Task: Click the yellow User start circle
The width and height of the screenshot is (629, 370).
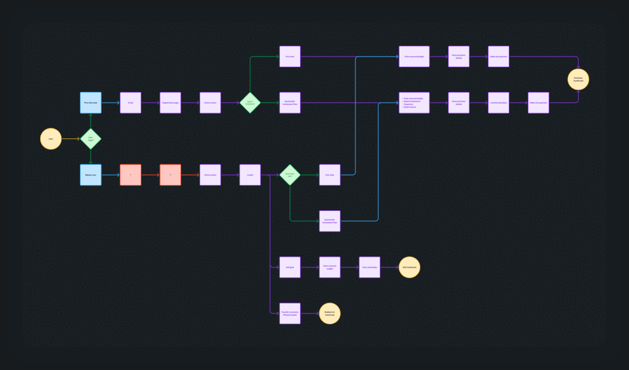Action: point(51,138)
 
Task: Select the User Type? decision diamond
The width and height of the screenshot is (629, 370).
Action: point(91,138)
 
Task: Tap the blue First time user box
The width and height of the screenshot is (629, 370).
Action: point(91,103)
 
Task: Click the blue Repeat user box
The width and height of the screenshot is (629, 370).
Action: point(91,175)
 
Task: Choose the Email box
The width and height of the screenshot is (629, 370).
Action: point(131,103)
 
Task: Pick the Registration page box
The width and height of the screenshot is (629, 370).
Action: point(170,103)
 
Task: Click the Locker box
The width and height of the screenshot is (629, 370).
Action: point(250,175)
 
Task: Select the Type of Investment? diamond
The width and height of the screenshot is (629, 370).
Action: point(250,103)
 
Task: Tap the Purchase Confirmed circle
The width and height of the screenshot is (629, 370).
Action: point(578,79)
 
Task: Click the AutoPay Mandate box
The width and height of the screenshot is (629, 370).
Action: point(499,103)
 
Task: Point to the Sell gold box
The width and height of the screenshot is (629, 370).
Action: point(290,267)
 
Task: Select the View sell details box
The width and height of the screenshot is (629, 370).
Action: point(369,267)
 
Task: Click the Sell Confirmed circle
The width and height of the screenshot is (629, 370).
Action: point(409,267)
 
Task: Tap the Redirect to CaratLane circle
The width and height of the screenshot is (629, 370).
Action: point(330,313)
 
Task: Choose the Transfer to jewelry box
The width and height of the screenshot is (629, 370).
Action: point(290,313)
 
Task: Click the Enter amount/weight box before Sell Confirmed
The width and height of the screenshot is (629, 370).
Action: point(330,267)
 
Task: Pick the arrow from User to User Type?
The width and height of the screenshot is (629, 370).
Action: point(70,138)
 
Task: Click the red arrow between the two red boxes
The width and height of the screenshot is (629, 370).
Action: point(150,175)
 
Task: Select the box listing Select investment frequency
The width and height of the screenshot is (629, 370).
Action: point(415,103)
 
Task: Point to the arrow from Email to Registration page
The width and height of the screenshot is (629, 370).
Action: point(150,103)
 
